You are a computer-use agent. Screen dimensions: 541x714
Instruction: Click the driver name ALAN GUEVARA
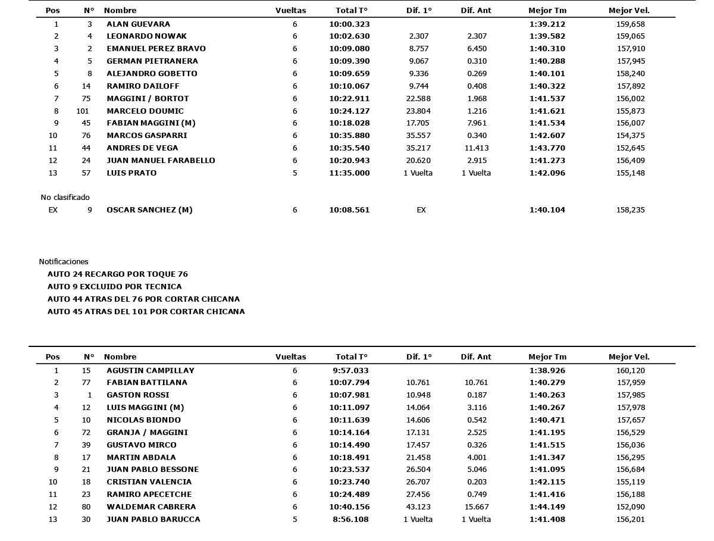138,24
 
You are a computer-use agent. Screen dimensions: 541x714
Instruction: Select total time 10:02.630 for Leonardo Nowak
349,36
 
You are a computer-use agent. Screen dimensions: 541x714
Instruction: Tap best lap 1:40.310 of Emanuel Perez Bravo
547,49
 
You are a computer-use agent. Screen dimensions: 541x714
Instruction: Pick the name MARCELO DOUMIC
145,111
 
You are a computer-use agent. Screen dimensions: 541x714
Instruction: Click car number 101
83,111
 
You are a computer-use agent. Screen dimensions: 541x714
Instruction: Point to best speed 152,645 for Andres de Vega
631,148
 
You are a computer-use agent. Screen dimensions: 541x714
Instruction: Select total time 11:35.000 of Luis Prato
349,173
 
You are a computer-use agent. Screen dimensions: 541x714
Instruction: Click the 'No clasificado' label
65,198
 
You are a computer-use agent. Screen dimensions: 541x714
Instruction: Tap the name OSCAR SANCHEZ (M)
149,210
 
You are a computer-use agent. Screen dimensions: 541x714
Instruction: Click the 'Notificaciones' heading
64,262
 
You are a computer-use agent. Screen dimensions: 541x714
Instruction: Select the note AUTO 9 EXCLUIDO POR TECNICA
115,287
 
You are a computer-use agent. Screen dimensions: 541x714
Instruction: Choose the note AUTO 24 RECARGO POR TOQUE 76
117,274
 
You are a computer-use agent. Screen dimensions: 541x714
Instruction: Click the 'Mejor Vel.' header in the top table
629,10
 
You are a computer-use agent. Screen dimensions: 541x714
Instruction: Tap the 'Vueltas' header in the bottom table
290,357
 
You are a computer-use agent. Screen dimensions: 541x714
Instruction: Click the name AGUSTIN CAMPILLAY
151,370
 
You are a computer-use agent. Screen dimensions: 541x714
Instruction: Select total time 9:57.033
351,370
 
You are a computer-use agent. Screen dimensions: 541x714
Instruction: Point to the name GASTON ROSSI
138,395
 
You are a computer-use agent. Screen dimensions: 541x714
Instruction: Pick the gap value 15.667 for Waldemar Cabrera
477,507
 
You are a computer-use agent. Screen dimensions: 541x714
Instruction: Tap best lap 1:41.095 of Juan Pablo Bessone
547,470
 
